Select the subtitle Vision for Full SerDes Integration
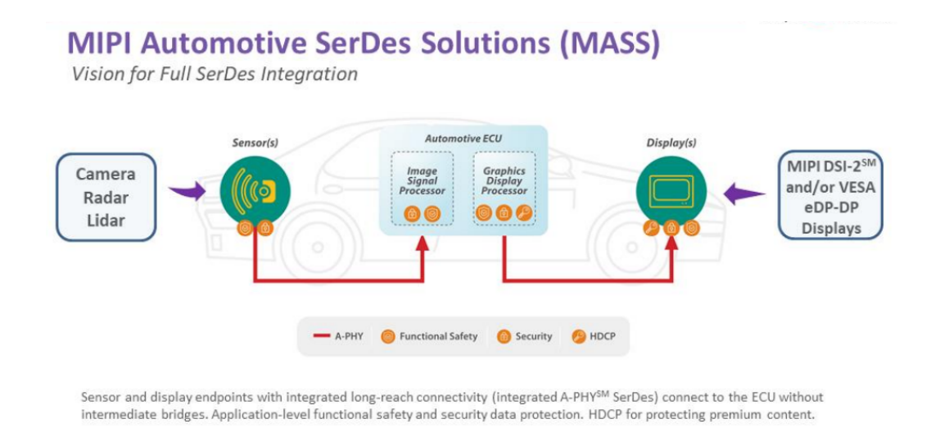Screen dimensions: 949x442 click(x=215, y=74)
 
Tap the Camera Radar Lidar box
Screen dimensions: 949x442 click(x=106, y=197)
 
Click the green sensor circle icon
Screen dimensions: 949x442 click(x=255, y=191)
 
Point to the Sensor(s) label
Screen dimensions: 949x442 click(x=255, y=144)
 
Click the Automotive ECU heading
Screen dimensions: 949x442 click(x=463, y=139)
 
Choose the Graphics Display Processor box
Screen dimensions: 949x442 click(x=504, y=189)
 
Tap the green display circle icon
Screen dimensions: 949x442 click(x=671, y=191)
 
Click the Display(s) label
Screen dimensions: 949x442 click(x=671, y=144)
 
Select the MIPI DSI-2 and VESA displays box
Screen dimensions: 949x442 click(x=830, y=194)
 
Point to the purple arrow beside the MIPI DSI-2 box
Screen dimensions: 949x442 click(x=743, y=194)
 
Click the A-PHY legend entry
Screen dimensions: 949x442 click(x=338, y=336)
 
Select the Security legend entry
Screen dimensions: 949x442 click(x=524, y=336)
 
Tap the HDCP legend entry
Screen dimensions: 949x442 click(x=593, y=336)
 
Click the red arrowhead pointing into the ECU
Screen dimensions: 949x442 click(x=423, y=243)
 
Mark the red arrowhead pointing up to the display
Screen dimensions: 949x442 click(x=671, y=243)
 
